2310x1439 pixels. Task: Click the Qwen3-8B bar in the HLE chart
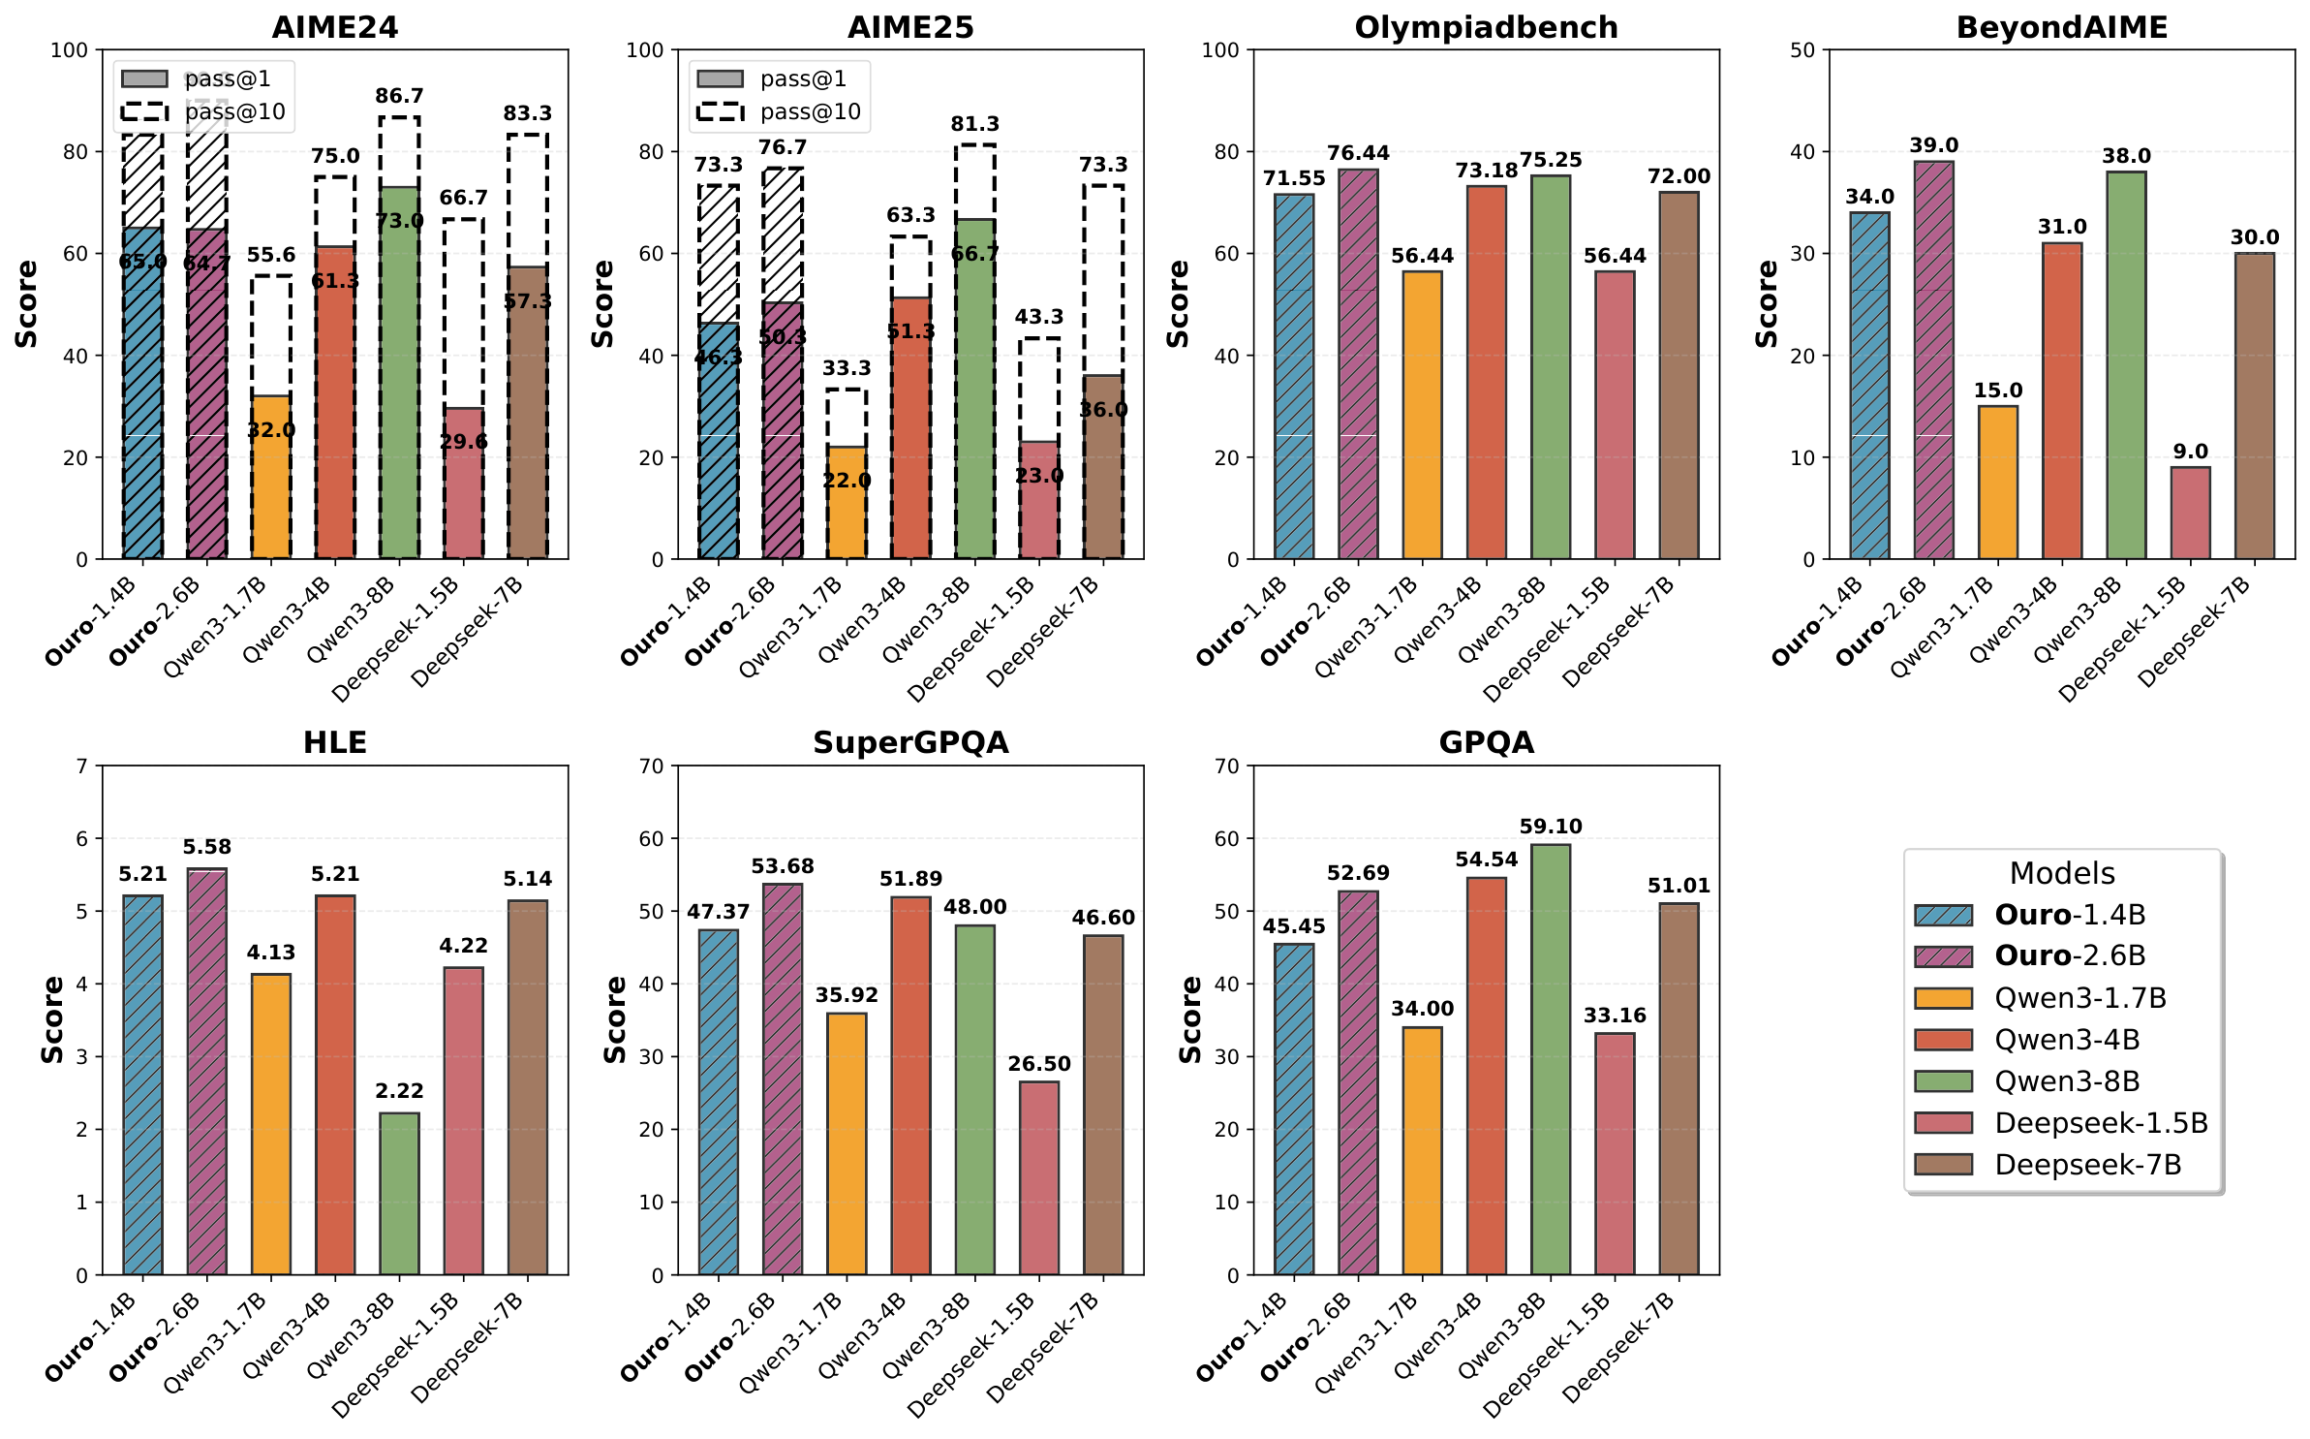[399, 1193]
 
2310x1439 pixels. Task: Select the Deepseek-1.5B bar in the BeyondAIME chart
[2190, 513]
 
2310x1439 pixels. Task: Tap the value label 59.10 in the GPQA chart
[1550, 827]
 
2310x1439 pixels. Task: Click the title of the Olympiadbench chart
[1486, 27]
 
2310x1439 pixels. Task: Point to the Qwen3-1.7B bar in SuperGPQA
[847, 1143]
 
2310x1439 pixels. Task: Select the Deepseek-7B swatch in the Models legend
[1943, 1164]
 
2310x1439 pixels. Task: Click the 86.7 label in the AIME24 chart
[399, 96]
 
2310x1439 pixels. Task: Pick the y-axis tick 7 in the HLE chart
[82, 766]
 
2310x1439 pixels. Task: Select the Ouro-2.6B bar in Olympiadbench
[1358, 364]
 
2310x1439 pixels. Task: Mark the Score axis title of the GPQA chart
[1190, 1019]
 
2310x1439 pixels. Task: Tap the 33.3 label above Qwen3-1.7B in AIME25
[847, 368]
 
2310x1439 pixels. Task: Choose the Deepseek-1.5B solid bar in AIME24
[463, 485]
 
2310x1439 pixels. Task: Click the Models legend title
[2062, 873]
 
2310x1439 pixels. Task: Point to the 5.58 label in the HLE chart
[206, 847]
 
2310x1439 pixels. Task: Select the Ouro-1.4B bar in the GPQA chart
[1294, 1109]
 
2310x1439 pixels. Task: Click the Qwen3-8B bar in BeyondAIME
[2126, 364]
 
